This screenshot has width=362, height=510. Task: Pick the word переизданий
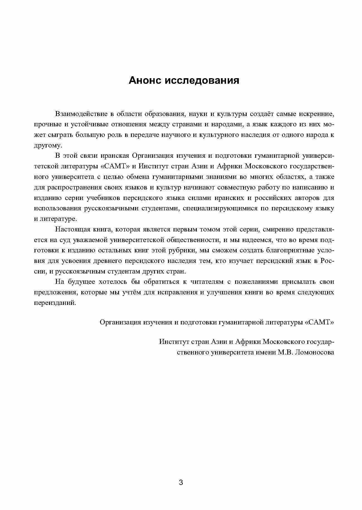(x=55, y=303)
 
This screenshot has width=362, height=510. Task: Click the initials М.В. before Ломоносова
(x=285, y=352)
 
